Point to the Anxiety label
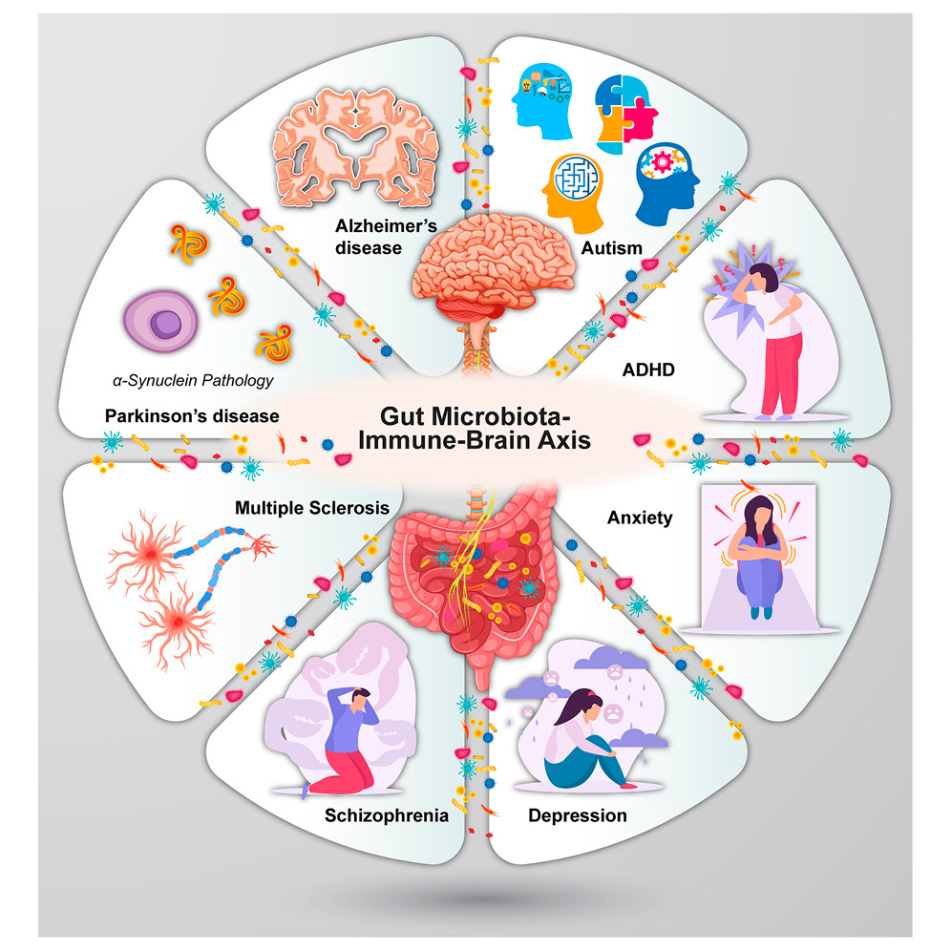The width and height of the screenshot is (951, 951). click(640, 519)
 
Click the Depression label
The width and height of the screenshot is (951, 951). click(577, 815)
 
